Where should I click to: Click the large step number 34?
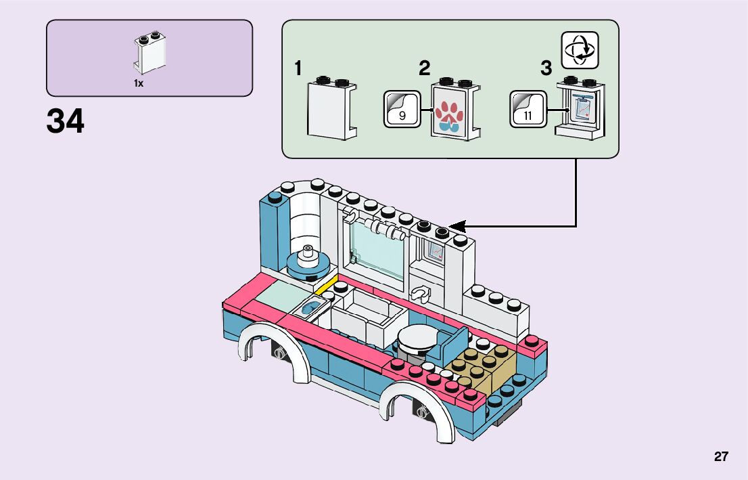66,122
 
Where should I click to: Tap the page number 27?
721,456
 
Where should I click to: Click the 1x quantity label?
139,83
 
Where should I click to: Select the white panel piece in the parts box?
149,53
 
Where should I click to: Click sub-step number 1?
298,68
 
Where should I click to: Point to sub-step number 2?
424,68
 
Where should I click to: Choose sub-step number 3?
546,68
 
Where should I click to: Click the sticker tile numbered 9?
402,109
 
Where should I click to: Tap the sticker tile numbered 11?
528,109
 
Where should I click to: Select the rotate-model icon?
580,49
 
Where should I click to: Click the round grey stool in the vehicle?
417,339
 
